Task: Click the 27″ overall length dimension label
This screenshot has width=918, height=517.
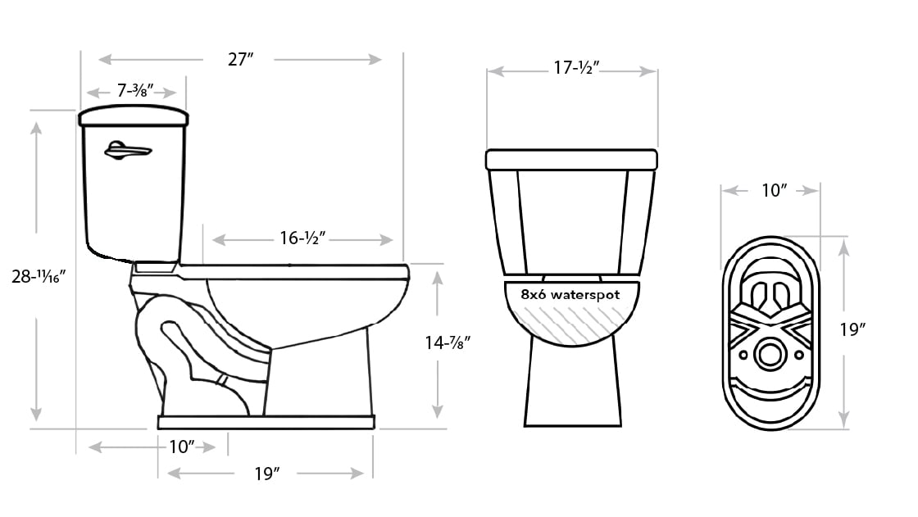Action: click(241, 59)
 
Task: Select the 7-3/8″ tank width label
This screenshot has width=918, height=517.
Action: click(135, 91)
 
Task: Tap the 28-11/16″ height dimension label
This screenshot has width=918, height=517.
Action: click(39, 276)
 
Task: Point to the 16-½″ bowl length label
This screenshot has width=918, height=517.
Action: click(302, 238)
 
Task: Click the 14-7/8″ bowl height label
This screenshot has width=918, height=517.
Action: click(448, 342)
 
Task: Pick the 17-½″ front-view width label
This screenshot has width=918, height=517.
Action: click(577, 68)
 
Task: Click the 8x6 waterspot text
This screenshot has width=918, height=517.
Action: click(570, 294)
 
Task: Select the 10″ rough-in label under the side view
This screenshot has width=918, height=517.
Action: click(181, 447)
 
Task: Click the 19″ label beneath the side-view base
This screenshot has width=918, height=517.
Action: click(267, 473)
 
